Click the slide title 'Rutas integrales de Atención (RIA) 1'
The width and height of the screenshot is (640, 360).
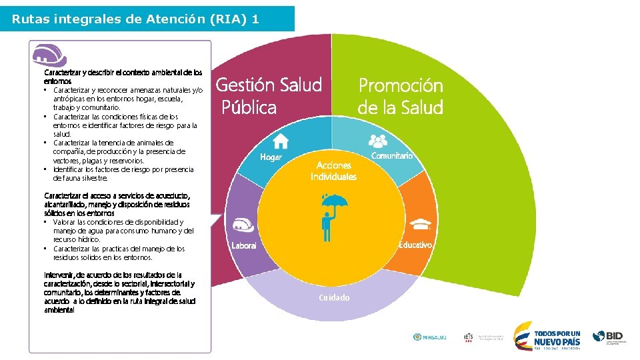point(135,19)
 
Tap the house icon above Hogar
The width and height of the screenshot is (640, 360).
point(281,141)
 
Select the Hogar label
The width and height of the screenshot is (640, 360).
point(271,157)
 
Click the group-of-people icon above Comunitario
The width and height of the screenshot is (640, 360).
point(378,140)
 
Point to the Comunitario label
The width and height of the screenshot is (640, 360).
point(392,155)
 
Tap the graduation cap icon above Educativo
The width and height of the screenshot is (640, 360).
point(421,223)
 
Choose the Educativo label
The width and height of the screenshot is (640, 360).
point(415,245)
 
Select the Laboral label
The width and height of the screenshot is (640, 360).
point(244,246)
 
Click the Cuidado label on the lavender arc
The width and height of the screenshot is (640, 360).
point(334,297)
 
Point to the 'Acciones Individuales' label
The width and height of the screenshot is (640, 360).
point(333,171)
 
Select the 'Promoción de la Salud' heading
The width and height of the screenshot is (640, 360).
point(400,96)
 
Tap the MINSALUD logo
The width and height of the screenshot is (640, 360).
point(430,337)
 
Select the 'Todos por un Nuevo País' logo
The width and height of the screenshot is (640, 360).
point(548,337)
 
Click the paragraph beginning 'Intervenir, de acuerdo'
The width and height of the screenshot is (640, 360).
point(120,292)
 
